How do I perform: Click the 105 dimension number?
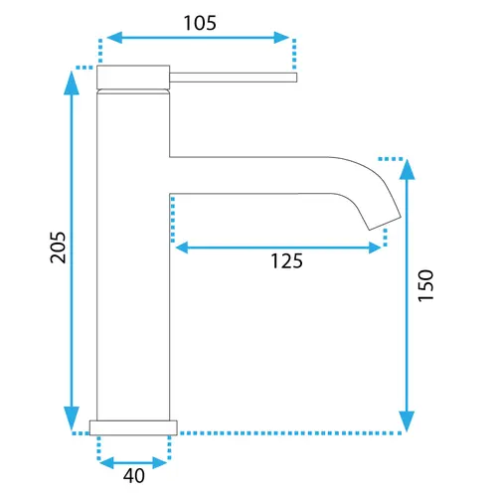pyautogui.click(x=200, y=23)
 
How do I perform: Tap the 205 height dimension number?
pyautogui.click(x=58, y=248)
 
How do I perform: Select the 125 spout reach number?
pyautogui.click(x=286, y=260)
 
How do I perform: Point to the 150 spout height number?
pyautogui.click(x=425, y=285)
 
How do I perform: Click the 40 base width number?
pyautogui.click(x=134, y=476)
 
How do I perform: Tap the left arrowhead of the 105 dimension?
pyautogui.click(x=114, y=38)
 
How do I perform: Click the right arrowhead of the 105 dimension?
pyautogui.click(x=281, y=38)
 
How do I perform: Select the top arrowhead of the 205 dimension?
pyautogui.click(x=72, y=83)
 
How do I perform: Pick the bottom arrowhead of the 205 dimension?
pyautogui.click(x=72, y=418)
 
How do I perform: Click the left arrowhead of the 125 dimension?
pyautogui.click(x=182, y=248)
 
